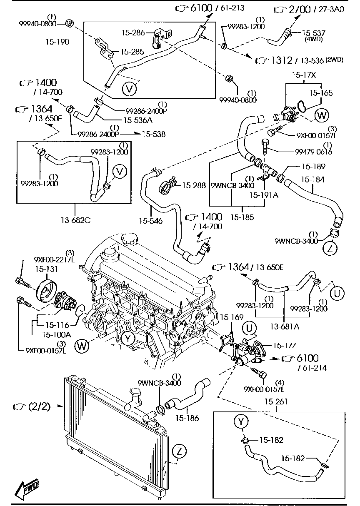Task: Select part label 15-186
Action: [x=187, y=418]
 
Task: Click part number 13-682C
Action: [x=75, y=220]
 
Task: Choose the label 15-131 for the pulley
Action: [x=46, y=269]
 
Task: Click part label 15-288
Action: [x=195, y=185]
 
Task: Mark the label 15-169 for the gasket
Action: [x=231, y=317]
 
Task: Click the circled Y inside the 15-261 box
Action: [x=241, y=421]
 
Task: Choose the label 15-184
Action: [x=312, y=179]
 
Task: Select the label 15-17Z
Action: [x=284, y=345]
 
